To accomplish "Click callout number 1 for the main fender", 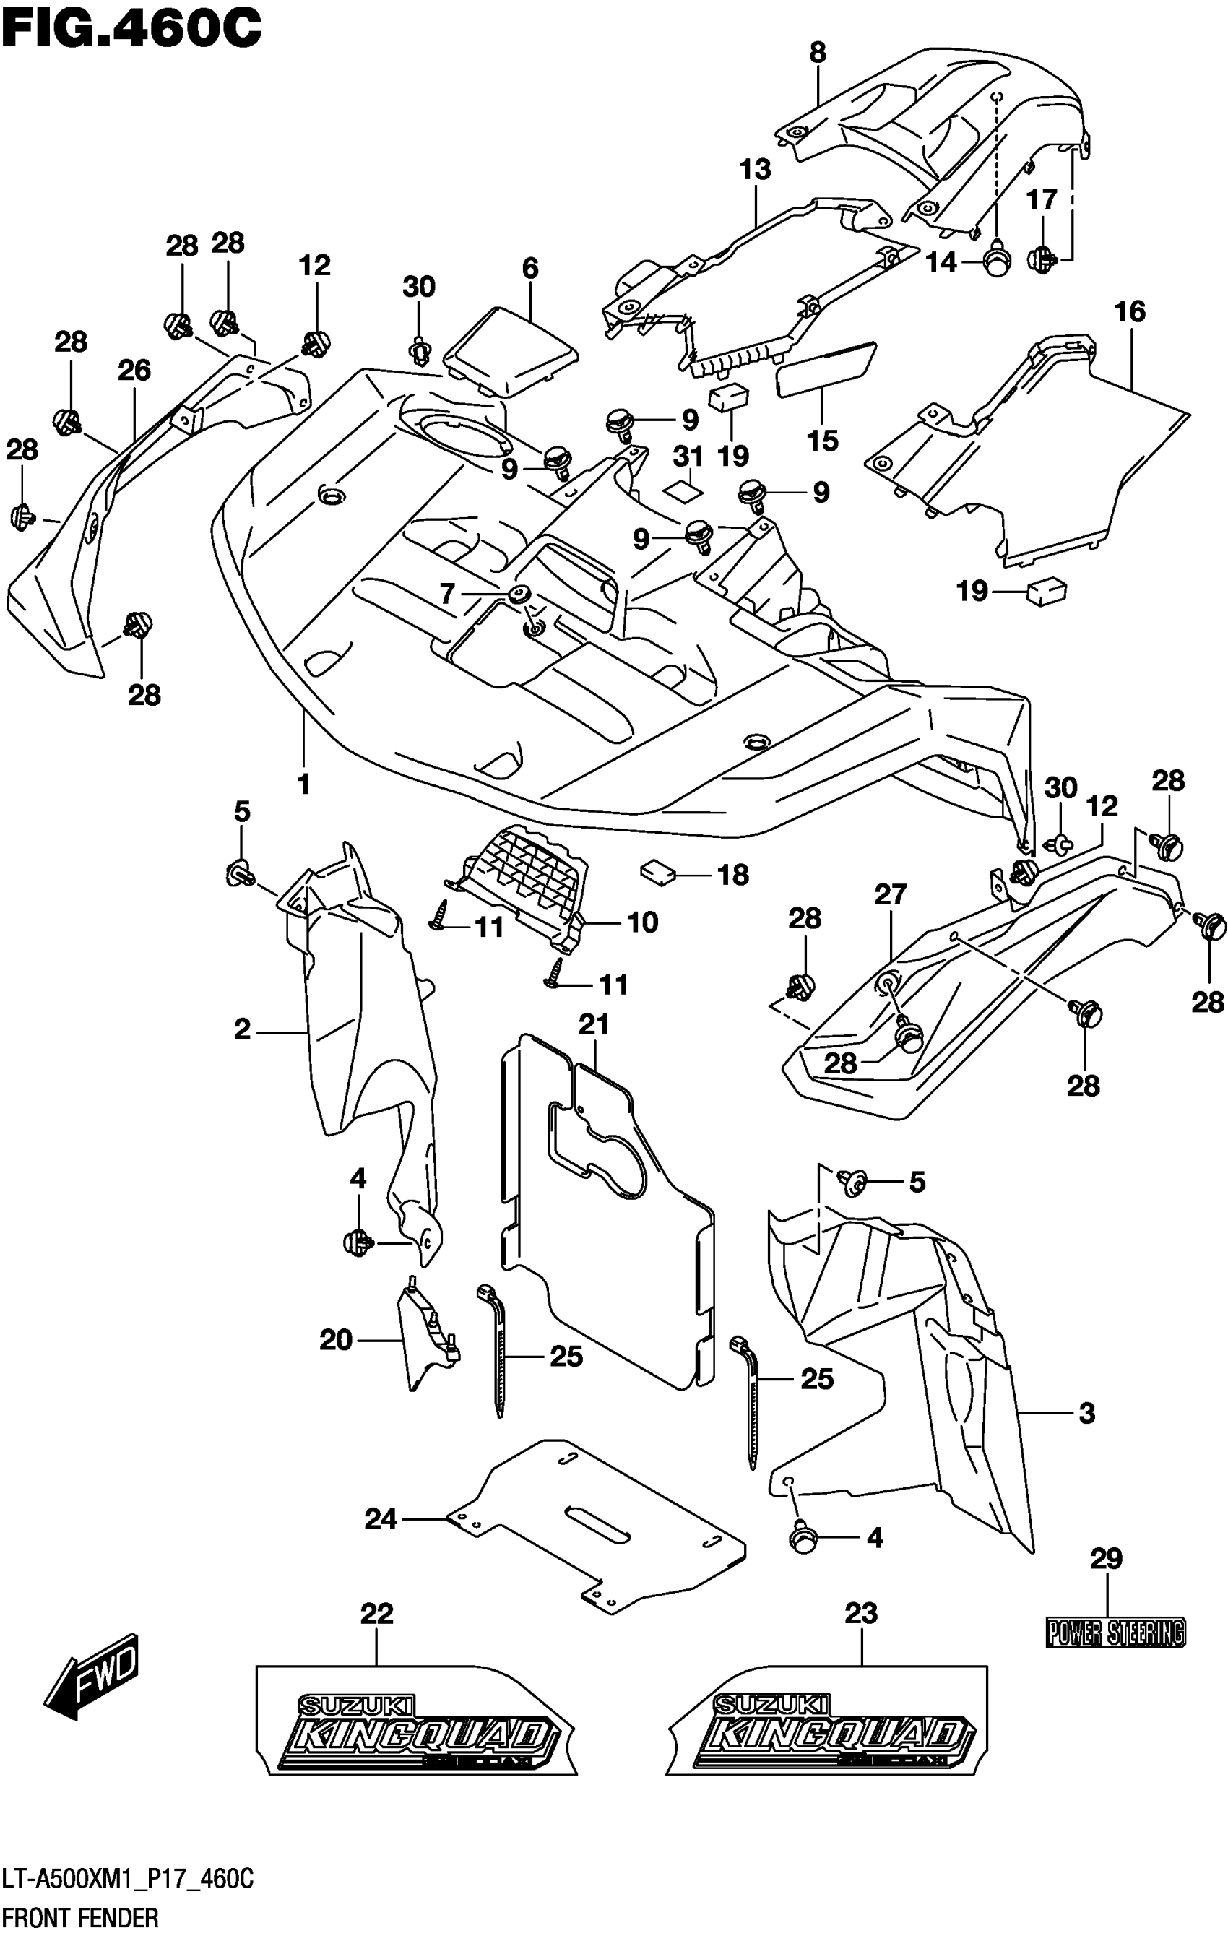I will click(x=303, y=784).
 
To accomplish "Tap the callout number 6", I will click(x=529, y=269).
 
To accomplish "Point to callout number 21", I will click(x=594, y=1024).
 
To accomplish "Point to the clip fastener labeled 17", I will click(x=1042, y=258).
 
